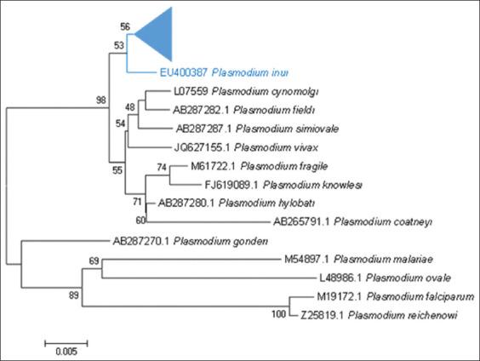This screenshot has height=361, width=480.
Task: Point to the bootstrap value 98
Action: pos(101,100)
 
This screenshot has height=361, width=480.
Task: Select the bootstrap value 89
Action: pos(75,295)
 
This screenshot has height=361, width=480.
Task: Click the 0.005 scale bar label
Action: pos(65,351)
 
